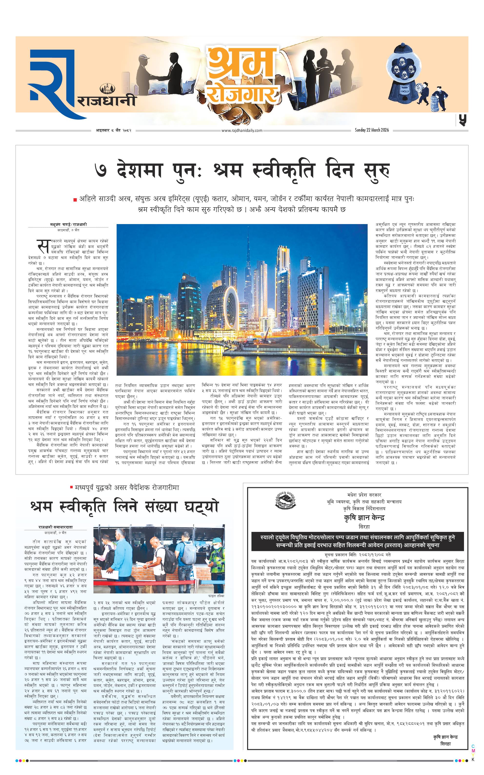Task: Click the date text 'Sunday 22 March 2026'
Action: point(372,130)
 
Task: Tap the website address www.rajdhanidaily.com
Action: point(242,130)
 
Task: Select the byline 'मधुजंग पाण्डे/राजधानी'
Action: point(69,225)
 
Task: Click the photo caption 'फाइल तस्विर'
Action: point(216,596)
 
